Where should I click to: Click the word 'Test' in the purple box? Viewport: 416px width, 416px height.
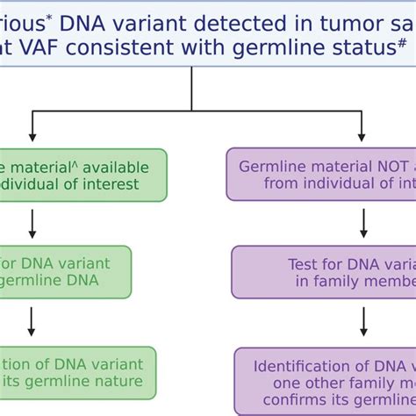click(302, 264)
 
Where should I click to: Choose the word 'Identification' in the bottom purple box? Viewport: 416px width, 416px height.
click(299, 366)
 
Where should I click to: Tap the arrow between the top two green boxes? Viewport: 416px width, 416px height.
click(32, 223)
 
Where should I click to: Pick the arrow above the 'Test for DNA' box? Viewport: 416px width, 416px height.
click(362, 226)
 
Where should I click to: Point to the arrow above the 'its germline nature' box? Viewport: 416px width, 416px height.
click(32, 322)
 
